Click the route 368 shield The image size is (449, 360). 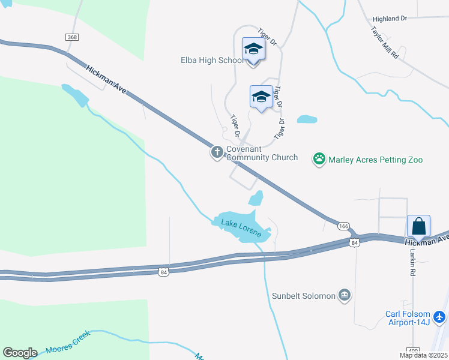pyautogui.click(x=72, y=37)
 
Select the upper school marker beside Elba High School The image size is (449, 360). pyautogui.click(x=253, y=49)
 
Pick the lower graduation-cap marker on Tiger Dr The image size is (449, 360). pyautogui.click(x=261, y=97)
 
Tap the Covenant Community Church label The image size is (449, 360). pyautogui.click(x=262, y=154)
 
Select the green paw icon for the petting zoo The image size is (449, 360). pyautogui.click(x=319, y=160)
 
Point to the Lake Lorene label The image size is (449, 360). pyautogui.click(x=241, y=228)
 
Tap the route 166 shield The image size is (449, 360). pyautogui.click(x=343, y=226)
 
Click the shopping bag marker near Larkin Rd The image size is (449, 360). pyautogui.click(x=419, y=227)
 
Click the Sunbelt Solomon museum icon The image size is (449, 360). pyautogui.click(x=345, y=295)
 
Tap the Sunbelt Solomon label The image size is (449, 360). pyautogui.click(x=303, y=295)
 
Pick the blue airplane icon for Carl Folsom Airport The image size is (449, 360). pyautogui.click(x=440, y=316)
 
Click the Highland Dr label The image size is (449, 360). pyautogui.click(x=390, y=19)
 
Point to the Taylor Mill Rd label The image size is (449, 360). pyautogui.click(x=385, y=41)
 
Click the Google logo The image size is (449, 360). pyautogui.click(x=20, y=353)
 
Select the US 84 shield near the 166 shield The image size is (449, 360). pyautogui.click(x=354, y=242)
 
